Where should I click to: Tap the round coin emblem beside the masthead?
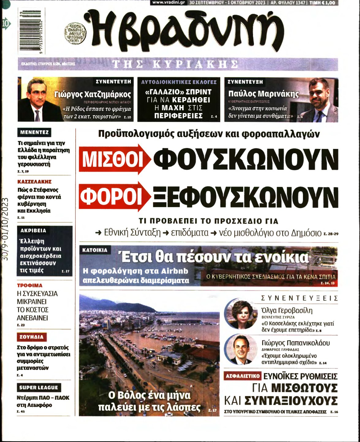click(x=75, y=34)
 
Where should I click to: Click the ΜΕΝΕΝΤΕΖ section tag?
click(x=34, y=132)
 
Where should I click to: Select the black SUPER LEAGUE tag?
click(x=39, y=387)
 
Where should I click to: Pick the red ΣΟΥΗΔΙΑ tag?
click(x=32, y=337)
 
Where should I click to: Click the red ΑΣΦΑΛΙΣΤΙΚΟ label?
click(x=243, y=376)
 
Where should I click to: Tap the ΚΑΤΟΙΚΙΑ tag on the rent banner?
click(x=95, y=250)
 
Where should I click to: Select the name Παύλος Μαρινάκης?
click(x=263, y=94)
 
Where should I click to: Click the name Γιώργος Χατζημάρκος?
click(x=93, y=94)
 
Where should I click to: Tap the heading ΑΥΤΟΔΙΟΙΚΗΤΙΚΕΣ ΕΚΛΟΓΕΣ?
click(x=179, y=82)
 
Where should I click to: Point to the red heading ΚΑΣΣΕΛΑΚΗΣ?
click(x=34, y=181)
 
